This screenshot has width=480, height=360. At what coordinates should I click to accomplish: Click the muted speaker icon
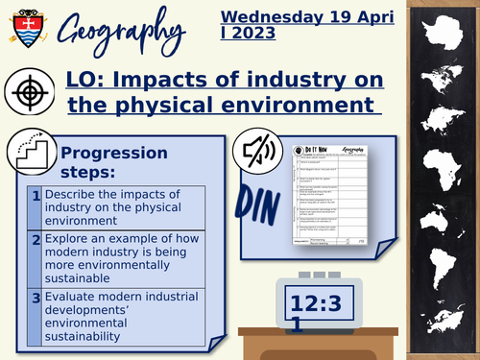255,149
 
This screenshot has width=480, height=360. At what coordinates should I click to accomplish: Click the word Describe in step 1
74,196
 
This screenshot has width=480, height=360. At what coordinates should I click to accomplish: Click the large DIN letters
256,203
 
